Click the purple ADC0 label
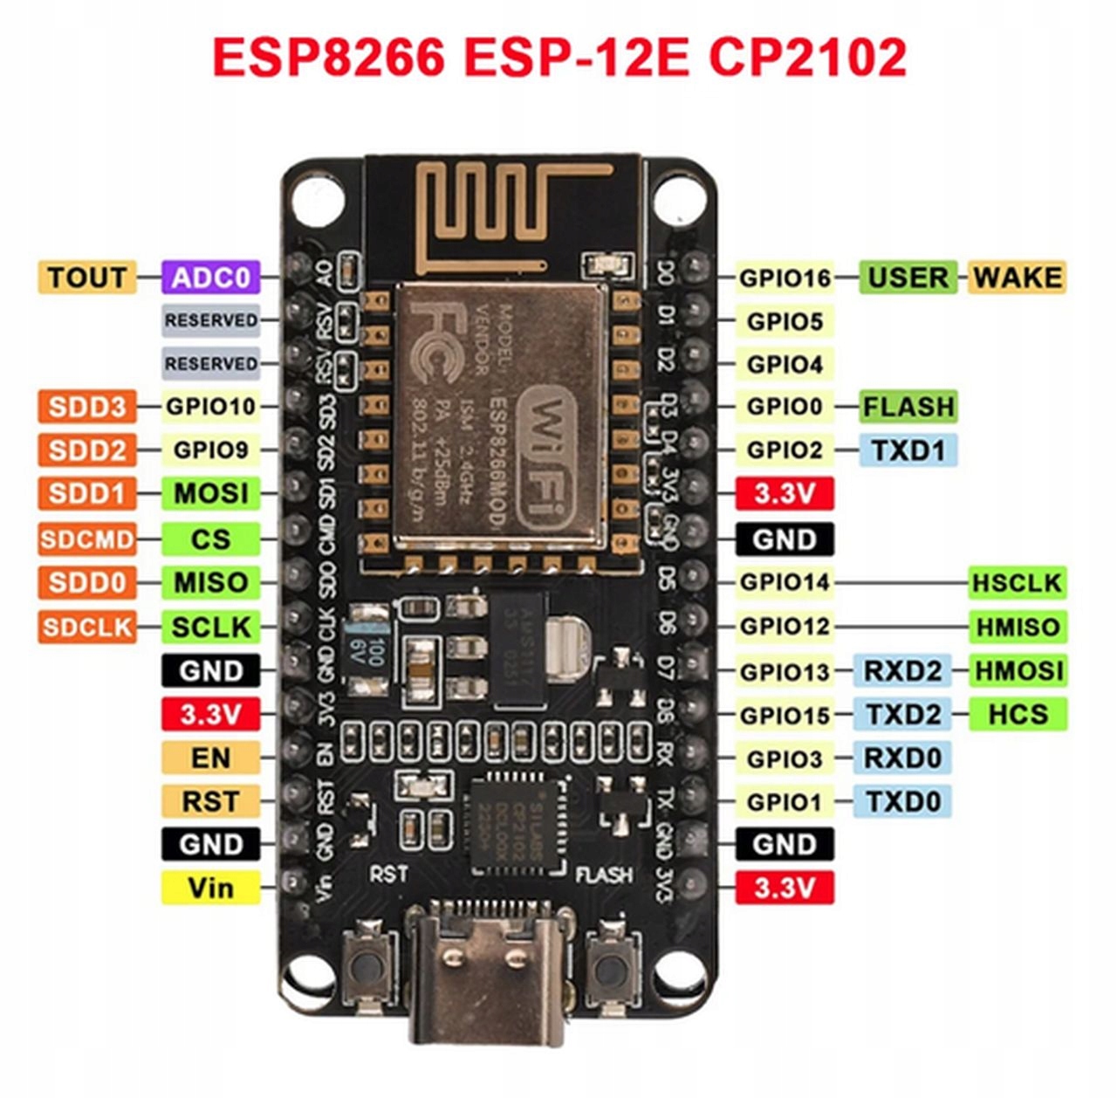pyautogui.click(x=211, y=278)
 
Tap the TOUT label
pyautogui.click(x=86, y=278)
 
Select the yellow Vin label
pyautogui.click(x=210, y=888)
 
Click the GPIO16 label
pyautogui.click(x=785, y=278)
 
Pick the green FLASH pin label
pyautogui.click(x=908, y=407)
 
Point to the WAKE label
pyautogui.click(x=1017, y=278)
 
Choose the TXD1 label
pyautogui.click(x=908, y=450)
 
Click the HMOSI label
pyautogui.click(x=1018, y=670)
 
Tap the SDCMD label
pyautogui.click(x=86, y=539)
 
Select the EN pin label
pyautogui.click(x=210, y=757)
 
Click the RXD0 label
pyautogui.click(x=902, y=757)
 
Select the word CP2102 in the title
pyautogui.click(x=806, y=58)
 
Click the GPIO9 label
pyautogui.click(x=210, y=450)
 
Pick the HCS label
pyautogui.click(x=1018, y=714)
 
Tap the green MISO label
pyautogui.click(x=210, y=582)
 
